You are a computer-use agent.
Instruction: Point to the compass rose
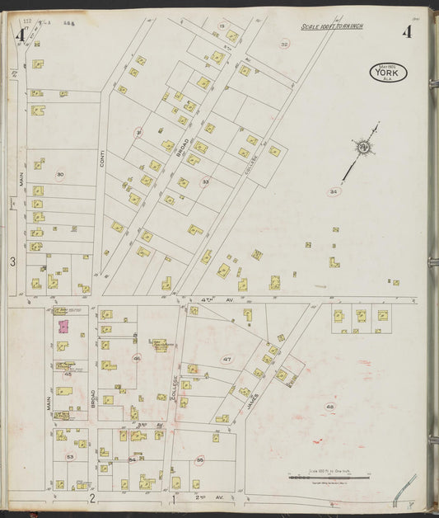click(363, 148)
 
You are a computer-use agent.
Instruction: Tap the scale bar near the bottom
click(320, 477)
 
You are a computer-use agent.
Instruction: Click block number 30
click(59, 175)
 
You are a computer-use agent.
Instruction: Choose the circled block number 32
click(285, 44)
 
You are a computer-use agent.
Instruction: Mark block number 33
click(205, 181)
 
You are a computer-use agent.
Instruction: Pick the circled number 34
click(334, 191)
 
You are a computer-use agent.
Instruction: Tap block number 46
click(137, 358)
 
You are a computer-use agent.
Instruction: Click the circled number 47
click(227, 360)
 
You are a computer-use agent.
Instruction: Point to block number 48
click(330, 407)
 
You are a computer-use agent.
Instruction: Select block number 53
click(71, 456)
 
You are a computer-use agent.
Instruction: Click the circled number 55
click(199, 460)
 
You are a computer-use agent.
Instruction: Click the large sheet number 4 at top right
click(407, 33)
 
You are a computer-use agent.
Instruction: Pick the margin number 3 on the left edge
click(12, 262)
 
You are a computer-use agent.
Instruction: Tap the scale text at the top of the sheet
click(332, 26)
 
